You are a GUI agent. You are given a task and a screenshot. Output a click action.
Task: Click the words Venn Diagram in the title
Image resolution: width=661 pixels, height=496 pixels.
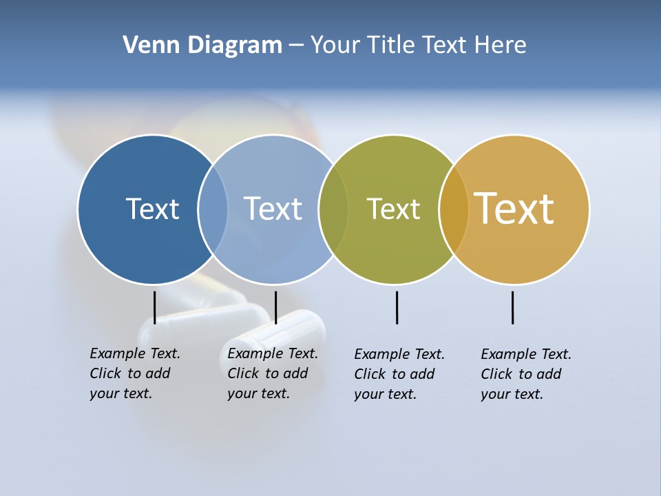point(202,45)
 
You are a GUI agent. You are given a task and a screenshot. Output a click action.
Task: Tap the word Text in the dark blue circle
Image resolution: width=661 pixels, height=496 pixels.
point(152,209)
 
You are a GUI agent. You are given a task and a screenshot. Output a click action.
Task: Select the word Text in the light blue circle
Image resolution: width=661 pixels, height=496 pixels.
point(273,209)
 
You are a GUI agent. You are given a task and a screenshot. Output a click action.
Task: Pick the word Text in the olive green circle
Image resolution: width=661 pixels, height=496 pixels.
point(393,209)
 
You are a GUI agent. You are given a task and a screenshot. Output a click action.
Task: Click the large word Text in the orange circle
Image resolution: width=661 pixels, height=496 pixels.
point(514,208)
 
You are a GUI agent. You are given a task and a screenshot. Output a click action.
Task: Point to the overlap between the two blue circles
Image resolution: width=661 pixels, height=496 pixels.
point(213,209)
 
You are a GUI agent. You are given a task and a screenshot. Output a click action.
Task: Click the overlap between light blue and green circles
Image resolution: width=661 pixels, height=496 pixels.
point(333,209)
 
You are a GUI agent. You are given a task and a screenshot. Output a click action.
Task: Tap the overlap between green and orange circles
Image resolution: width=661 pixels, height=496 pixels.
point(454,209)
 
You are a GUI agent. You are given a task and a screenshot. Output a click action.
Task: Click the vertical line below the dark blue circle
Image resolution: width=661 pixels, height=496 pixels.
point(155,307)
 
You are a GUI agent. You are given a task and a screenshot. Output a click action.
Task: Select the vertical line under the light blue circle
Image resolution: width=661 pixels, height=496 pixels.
point(275,307)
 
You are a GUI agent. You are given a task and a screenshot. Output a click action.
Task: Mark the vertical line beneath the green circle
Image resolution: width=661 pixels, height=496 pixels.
point(397,307)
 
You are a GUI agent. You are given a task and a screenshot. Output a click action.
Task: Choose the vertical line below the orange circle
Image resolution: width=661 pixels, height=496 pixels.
point(512,307)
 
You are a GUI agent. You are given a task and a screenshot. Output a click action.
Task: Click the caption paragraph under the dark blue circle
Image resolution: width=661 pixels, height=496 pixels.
point(135,373)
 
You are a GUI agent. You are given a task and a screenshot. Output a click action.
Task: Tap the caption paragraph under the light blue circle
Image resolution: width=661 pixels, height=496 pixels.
point(273,373)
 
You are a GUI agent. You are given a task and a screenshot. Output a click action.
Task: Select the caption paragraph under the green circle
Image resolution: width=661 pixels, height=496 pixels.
point(399,374)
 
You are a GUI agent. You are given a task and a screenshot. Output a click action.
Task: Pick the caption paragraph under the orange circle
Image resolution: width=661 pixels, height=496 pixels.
point(526,374)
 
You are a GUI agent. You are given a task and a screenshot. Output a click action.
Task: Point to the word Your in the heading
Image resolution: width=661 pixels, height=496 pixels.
point(335,45)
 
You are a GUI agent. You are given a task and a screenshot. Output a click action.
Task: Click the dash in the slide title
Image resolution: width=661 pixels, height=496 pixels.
point(295,45)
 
